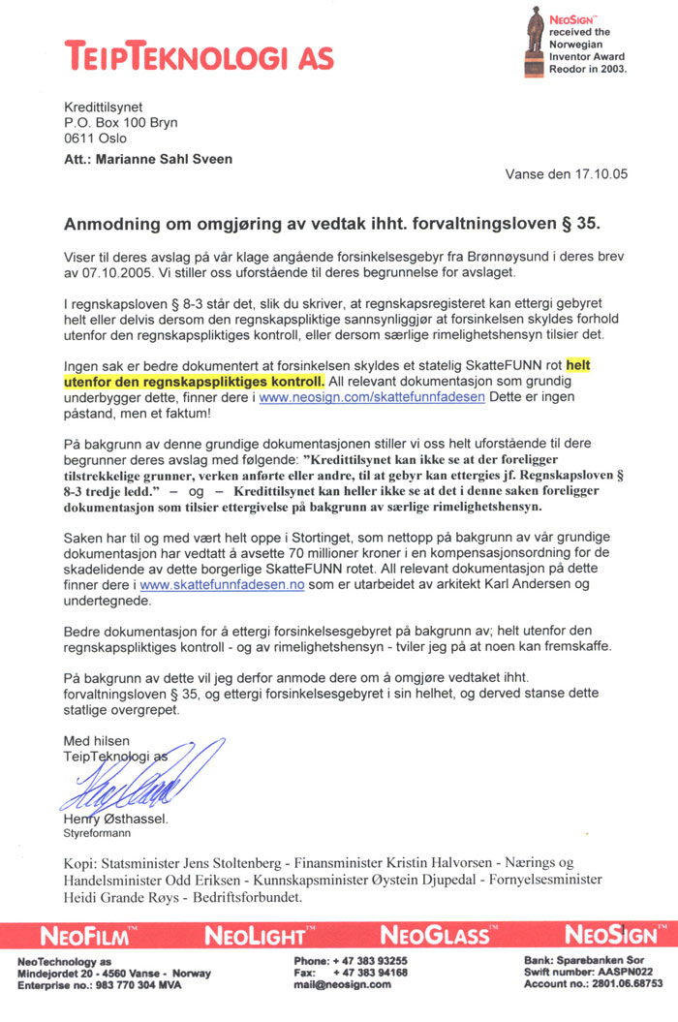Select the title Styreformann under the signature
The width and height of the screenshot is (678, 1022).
coord(92,831)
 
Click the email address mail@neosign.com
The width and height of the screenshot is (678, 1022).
coord(341,984)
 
